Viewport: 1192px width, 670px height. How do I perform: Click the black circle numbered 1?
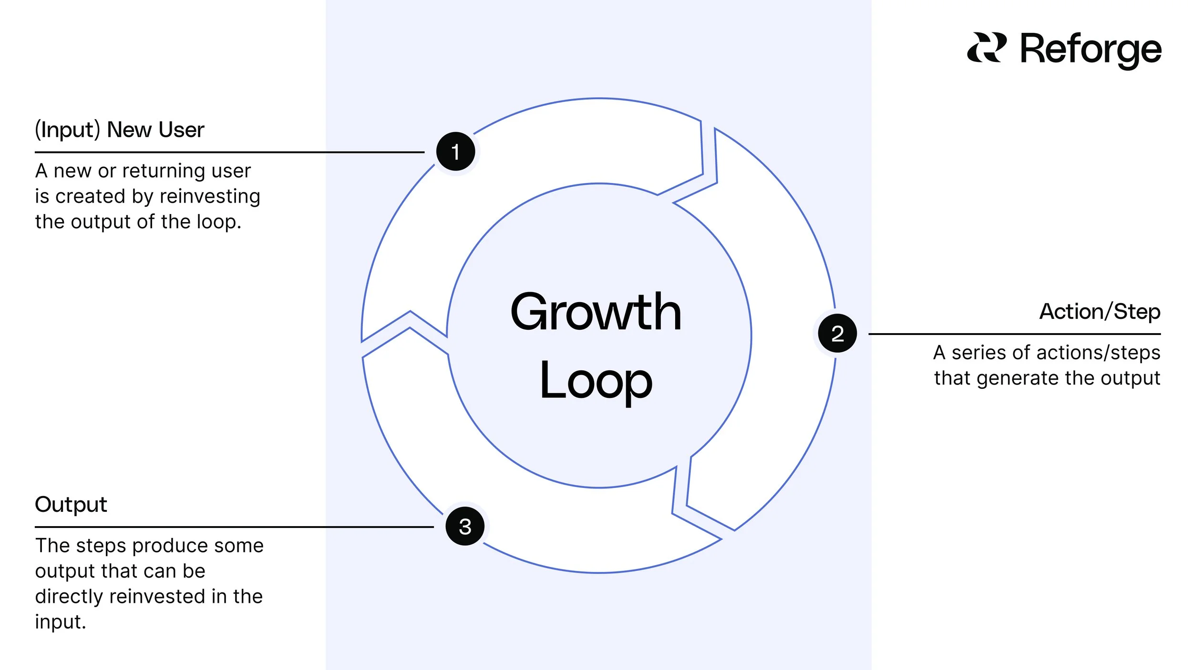(455, 152)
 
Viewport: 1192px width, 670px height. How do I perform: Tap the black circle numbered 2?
(837, 333)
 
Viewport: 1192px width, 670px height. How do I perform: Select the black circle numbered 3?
(465, 527)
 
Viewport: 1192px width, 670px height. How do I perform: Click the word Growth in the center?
(596, 312)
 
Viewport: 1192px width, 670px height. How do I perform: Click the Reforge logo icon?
(986, 48)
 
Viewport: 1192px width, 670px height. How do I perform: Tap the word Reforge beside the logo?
(1091, 50)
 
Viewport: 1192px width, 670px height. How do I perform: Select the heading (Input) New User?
(119, 130)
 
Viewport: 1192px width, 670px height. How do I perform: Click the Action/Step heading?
(1100, 312)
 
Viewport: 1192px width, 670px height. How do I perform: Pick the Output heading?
(71, 504)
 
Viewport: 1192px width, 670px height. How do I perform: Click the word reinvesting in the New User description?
(210, 196)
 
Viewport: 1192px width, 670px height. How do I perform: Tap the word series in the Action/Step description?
(977, 353)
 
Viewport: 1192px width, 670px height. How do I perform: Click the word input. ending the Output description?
(60, 622)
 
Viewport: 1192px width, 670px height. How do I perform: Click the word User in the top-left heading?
(181, 130)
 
